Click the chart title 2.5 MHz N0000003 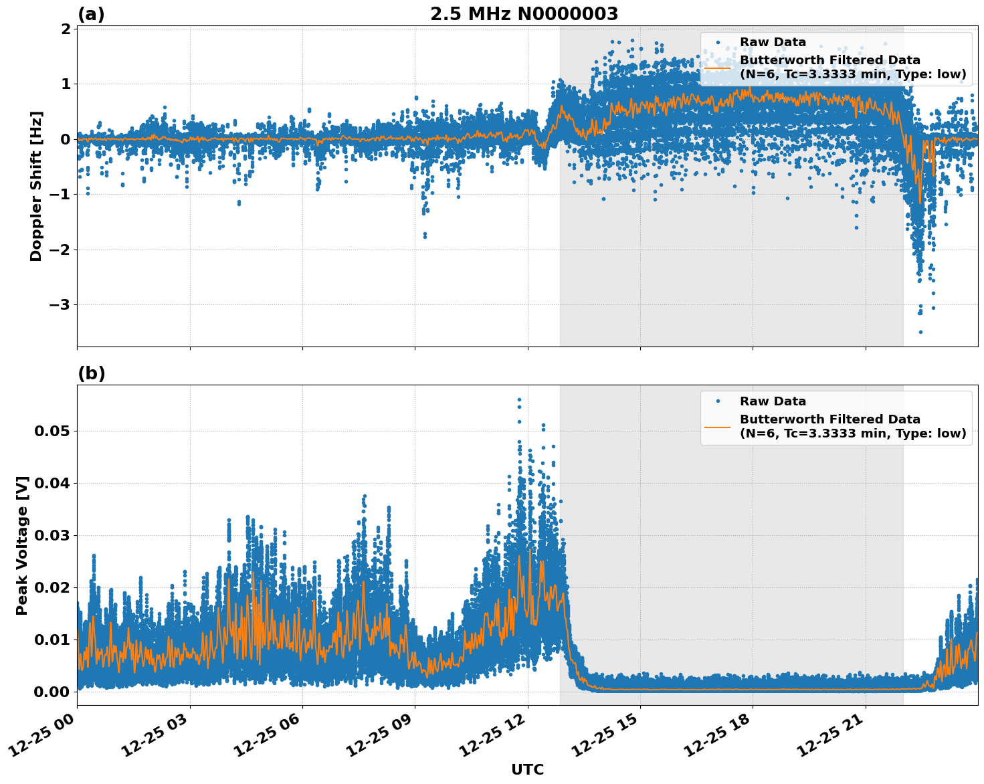click(x=524, y=14)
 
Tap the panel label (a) click(x=91, y=14)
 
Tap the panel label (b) click(x=91, y=373)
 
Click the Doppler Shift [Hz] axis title click(x=36, y=186)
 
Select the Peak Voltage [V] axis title click(x=22, y=545)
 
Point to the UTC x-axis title click(x=527, y=769)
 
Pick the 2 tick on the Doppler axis click(x=66, y=29)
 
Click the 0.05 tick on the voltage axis click(x=52, y=431)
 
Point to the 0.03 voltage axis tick click(x=52, y=535)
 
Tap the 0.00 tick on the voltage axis click(x=52, y=692)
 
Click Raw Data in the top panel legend click(x=773, y=42)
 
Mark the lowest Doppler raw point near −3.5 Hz click(x=920, y=332)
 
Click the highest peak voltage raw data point click(x=519, y=399)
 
